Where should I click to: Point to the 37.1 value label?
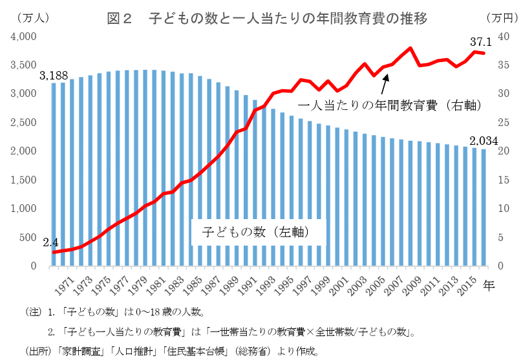[x=481, y=41]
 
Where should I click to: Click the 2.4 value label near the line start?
[x=50, y=243]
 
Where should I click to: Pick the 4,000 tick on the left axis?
[x=23, y=37]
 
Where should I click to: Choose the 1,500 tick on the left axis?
[x=23, y=180]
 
